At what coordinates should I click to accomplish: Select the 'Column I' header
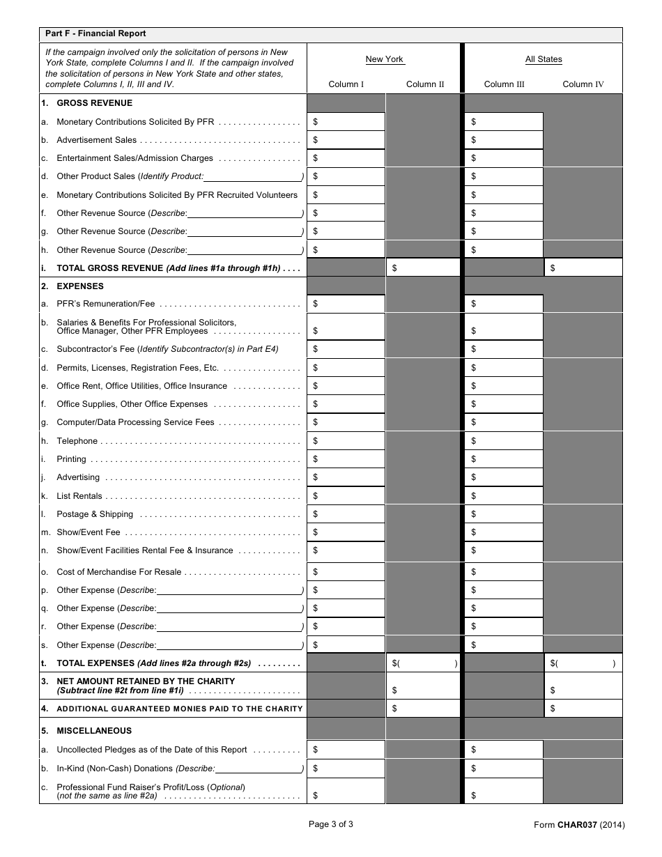346,84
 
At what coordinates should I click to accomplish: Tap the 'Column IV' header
583,84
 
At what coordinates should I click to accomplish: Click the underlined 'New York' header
385,59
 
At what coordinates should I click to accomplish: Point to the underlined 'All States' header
544,59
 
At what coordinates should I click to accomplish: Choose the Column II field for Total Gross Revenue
424,268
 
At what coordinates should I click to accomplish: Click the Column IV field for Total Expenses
583,663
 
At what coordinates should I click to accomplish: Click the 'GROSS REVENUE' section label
80,103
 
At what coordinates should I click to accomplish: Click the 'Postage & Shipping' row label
95,514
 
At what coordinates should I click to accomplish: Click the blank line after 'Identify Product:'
253,177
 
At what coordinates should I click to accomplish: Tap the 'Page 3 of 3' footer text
331,824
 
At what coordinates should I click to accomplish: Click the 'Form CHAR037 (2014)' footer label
579,826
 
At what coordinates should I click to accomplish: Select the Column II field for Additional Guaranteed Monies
424,709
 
